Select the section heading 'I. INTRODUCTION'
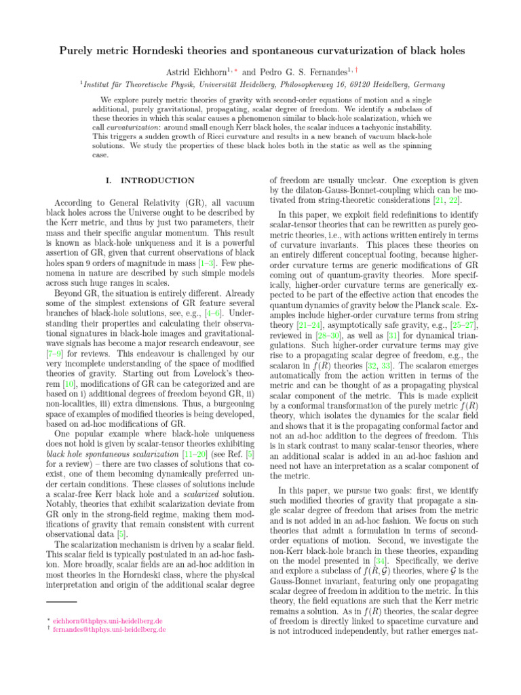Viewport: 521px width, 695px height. tap(151, 181)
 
